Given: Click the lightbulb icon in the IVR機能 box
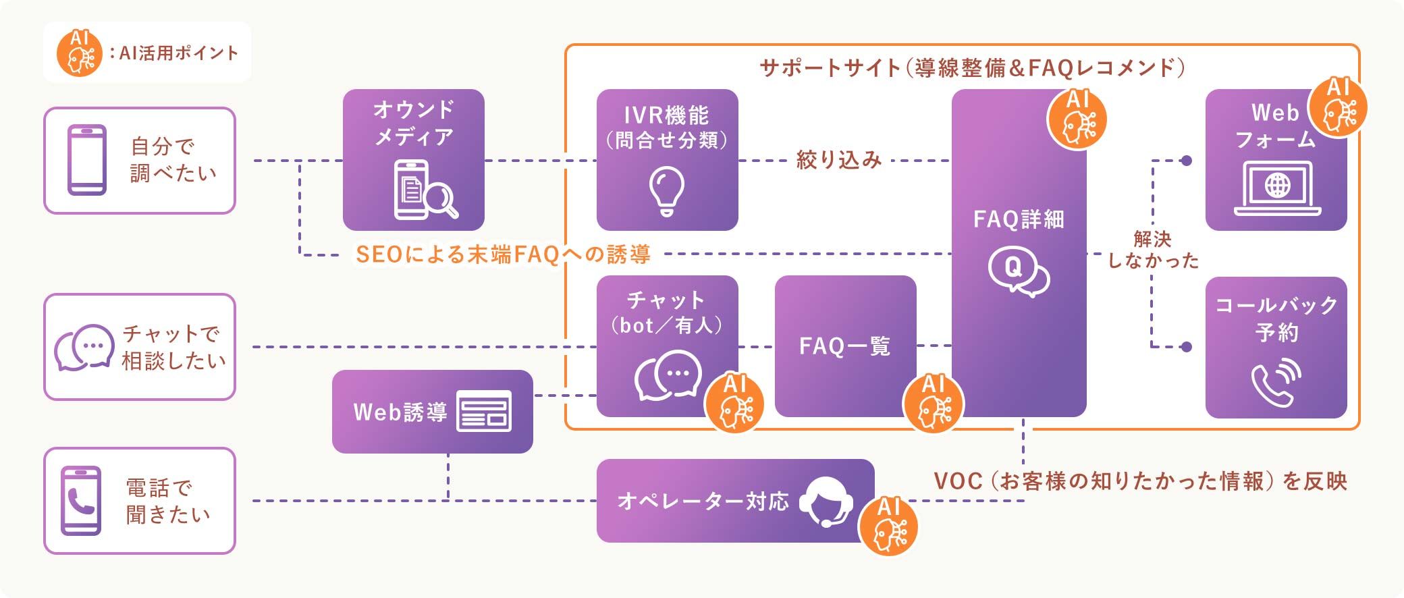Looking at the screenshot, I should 666,191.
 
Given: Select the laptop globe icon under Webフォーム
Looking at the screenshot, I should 1277,188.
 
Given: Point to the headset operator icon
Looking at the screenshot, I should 827,502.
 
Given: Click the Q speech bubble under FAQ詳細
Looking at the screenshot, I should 1018,272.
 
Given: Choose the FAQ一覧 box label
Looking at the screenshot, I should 844,346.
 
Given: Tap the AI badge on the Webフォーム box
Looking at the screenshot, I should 1337,108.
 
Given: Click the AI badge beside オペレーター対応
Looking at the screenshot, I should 888,526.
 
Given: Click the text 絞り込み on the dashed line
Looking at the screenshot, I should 839,160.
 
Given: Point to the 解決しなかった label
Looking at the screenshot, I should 1152,250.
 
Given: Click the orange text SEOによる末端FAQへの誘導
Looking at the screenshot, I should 503,254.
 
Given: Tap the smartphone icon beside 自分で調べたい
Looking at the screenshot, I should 87,160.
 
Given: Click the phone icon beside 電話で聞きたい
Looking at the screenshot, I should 81,500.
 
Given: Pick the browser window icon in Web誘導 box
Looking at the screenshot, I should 484,411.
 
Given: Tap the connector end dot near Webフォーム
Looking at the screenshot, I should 1186,161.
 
